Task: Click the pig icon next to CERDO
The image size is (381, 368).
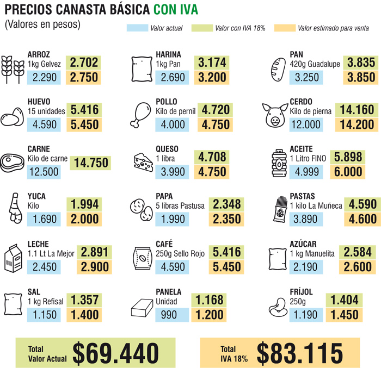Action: (274, 114)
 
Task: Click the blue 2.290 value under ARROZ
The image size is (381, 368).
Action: (45, 77)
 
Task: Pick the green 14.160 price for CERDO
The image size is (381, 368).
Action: (357, 110)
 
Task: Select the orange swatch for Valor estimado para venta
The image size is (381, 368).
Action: (285, 28)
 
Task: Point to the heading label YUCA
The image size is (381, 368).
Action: (36, 196)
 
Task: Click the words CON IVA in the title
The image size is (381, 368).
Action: (176, 10)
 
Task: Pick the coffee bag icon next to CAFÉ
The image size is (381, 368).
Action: (143, 257)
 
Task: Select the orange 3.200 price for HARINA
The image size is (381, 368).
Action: (212, 77)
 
